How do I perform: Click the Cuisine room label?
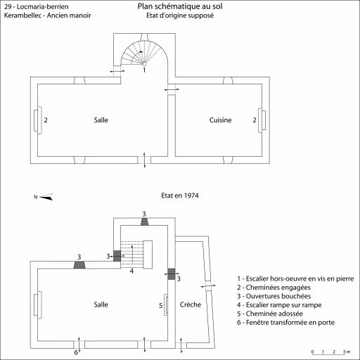tap(220, 120)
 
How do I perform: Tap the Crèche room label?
tap(191, 304)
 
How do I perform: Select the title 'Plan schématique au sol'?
tap(180, 6)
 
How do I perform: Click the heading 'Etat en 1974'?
tap(180, 195)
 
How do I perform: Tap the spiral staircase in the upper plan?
tap(143, 53)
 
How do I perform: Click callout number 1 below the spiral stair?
tap(144, 70)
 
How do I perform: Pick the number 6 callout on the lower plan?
tap(76, 352)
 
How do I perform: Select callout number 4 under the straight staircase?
tap(131, 271)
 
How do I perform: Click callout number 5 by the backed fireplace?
tap(161, 305)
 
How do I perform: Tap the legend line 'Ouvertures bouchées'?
tap(274, 296)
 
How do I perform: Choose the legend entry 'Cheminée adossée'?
tap(270, 314)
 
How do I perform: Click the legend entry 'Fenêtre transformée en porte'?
tap(285, 323)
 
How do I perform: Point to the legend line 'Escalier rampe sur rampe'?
tap(279, 305)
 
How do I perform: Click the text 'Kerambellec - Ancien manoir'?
tap(47, 15)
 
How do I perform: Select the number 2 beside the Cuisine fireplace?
tap(255, 120)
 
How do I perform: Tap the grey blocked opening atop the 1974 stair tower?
tap(144, 221)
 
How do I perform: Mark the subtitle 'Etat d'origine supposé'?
tap(180, 15)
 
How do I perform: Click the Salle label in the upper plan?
tap(101, 120)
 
